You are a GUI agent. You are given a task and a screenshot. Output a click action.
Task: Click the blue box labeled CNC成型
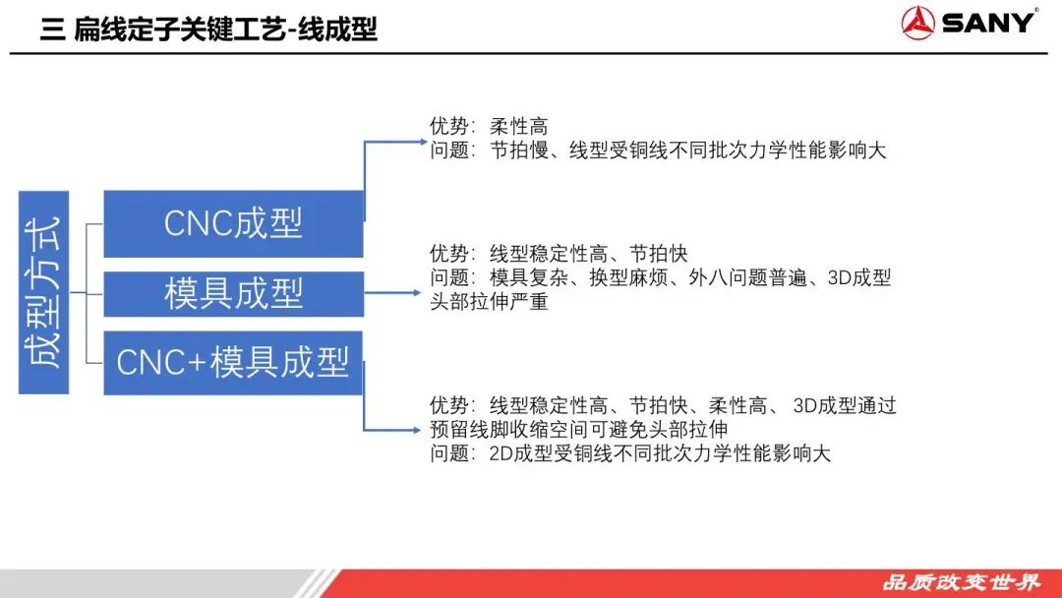233,223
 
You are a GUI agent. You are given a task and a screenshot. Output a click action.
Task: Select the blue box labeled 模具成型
233,293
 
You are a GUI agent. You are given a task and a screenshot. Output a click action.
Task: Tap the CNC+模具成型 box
233,362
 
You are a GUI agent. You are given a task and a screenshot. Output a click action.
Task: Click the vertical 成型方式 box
43,292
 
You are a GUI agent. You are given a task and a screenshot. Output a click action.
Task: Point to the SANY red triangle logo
917,23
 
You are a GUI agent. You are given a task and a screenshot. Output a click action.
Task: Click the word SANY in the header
988,23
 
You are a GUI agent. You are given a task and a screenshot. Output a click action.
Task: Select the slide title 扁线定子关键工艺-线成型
225,30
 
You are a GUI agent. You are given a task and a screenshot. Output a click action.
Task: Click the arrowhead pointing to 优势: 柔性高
423,142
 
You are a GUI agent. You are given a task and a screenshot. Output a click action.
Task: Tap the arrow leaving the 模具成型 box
392,293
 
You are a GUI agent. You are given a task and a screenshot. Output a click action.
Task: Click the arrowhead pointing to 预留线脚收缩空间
415,430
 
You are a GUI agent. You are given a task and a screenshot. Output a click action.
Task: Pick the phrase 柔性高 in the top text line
519,126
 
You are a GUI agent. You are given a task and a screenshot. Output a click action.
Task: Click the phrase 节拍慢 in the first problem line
519,150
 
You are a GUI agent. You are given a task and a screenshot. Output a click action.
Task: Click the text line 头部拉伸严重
489,301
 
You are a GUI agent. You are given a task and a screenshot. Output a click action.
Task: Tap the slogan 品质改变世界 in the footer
961,581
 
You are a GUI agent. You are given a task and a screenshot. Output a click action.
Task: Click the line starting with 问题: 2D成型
630,453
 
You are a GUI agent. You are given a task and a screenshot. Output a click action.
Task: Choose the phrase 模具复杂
528,277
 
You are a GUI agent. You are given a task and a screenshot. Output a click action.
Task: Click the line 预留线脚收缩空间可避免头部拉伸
579,430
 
